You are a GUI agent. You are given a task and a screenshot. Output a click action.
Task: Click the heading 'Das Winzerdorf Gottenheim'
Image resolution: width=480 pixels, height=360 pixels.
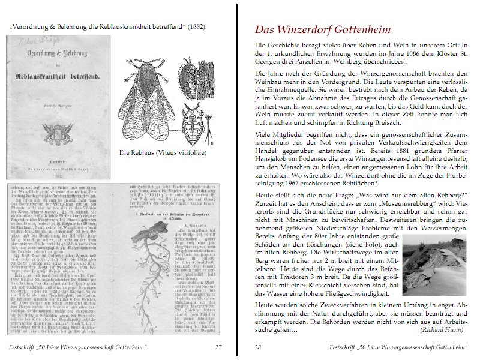pyautogui.click(x=323, y=29)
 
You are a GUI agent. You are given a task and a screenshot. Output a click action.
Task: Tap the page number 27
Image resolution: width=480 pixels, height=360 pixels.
pyautogui.click(x=219, y=347)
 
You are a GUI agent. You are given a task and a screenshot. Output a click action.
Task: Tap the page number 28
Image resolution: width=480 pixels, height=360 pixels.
pyautogui.click(x=258, y=347)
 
